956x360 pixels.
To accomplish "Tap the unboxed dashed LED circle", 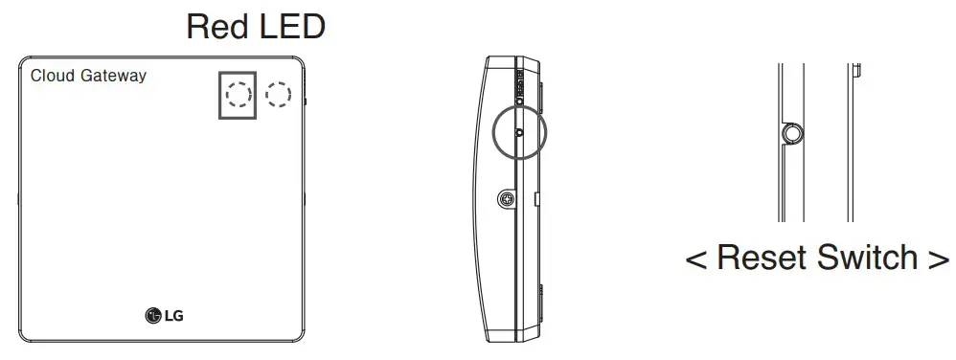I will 278,93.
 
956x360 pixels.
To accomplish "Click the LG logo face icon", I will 152,315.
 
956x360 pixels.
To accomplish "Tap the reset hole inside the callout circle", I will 518,133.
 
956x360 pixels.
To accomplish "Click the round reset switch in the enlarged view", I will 790,135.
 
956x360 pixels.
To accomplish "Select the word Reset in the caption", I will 769,258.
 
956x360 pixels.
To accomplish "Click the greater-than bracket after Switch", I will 939,259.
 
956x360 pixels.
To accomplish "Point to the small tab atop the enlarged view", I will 857,69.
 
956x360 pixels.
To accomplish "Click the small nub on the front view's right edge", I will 306,100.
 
